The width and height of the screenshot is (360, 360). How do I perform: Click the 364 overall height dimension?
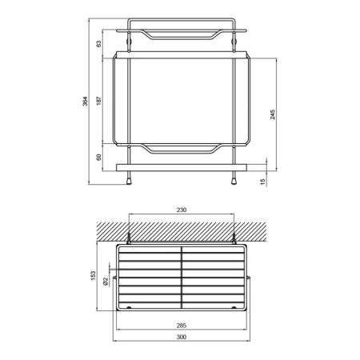(85, 101)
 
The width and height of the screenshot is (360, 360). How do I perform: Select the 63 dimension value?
(98, 44)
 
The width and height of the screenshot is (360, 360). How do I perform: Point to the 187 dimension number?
(98, 101)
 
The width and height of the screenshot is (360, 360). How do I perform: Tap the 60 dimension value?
(98, 157)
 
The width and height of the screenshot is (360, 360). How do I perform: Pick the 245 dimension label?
(273, 114)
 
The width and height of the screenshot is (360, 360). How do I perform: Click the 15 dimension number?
(262, 182)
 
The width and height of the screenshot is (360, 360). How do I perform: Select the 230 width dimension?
(182, 210)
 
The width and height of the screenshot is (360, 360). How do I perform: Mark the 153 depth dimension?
(93, 275)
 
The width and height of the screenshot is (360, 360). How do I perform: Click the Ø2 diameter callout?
(106, 282)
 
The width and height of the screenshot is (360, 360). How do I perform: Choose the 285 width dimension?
(182, 326)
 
